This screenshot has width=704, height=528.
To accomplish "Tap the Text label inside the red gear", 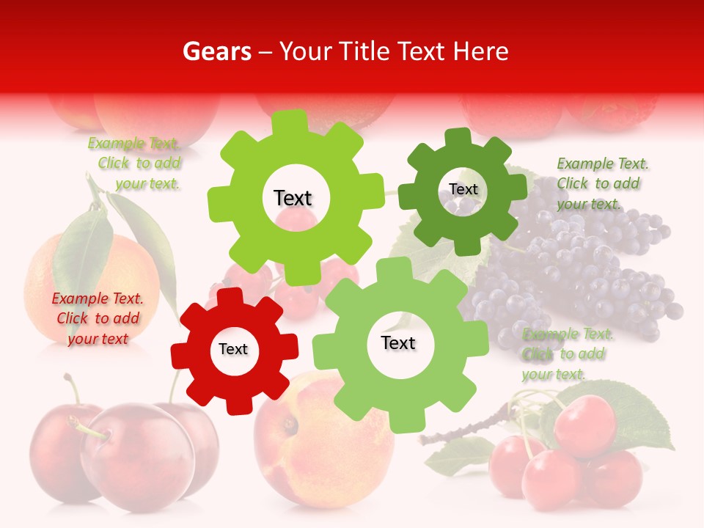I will click(x=233, y=350).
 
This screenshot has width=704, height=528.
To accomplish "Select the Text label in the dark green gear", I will click(x=463, y=189).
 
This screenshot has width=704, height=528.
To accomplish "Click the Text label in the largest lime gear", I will click(x=293, y=198).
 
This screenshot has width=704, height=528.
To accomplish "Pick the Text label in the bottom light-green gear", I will click(x=398, y=343).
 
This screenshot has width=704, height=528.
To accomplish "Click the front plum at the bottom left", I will click(x=136, y=455).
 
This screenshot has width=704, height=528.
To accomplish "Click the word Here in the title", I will click(x=481, y=51).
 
